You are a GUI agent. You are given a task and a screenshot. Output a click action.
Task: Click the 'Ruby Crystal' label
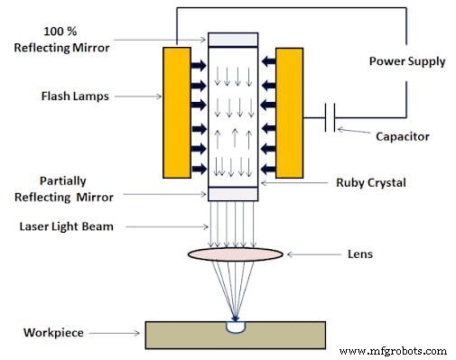(370, 182)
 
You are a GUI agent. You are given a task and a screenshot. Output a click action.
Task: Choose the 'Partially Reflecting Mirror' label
(64, 189)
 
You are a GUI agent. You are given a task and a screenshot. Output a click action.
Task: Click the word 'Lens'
(358, 254)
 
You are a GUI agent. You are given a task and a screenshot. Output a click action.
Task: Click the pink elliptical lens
(235, 254)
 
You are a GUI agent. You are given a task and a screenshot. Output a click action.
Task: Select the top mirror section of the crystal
(233, 40)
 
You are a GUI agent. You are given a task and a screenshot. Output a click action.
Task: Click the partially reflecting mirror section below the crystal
(233, 194)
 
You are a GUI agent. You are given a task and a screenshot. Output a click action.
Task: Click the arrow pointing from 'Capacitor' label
(356, 133)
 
